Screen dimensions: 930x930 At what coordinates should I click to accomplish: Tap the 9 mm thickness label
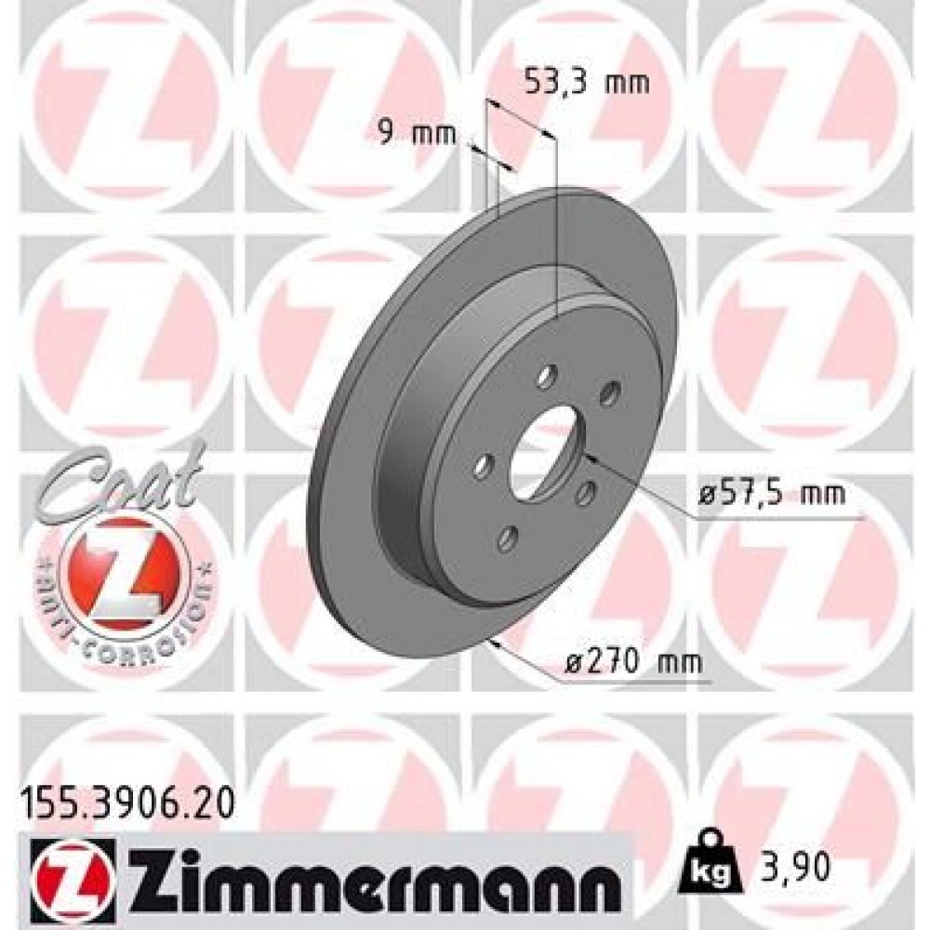(415, 135)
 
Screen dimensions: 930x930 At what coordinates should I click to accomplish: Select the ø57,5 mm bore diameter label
(772, 493)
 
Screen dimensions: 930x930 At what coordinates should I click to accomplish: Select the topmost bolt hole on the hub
(548, 375)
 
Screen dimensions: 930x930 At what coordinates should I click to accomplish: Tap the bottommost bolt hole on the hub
(508, 537)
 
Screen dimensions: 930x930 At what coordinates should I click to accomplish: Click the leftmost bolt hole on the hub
(482, 466)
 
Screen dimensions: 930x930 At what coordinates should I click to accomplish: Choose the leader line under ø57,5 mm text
(772, 517)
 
